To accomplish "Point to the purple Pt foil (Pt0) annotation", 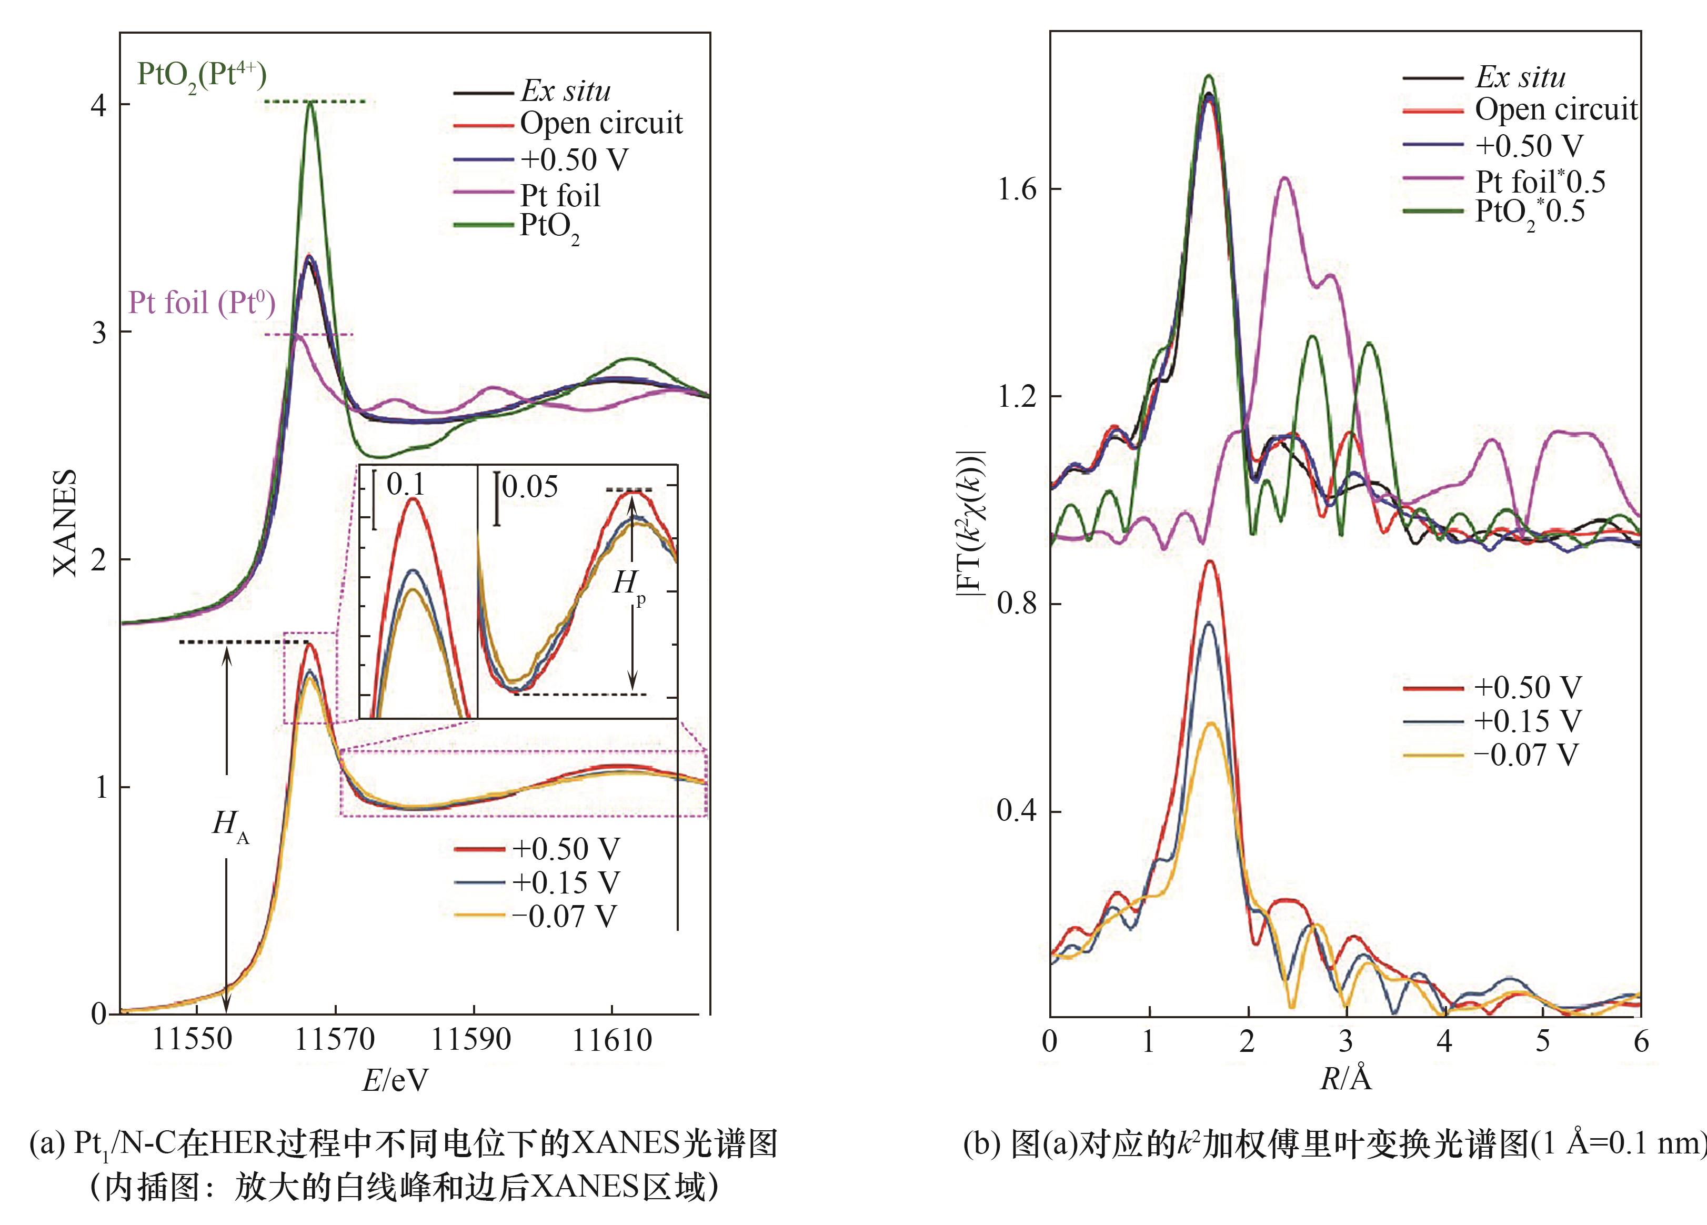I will coord(202,303).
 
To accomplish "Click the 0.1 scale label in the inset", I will coord(406,485).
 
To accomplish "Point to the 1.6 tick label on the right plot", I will coord(1016,189).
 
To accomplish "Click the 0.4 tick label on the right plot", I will coord(1016,812).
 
